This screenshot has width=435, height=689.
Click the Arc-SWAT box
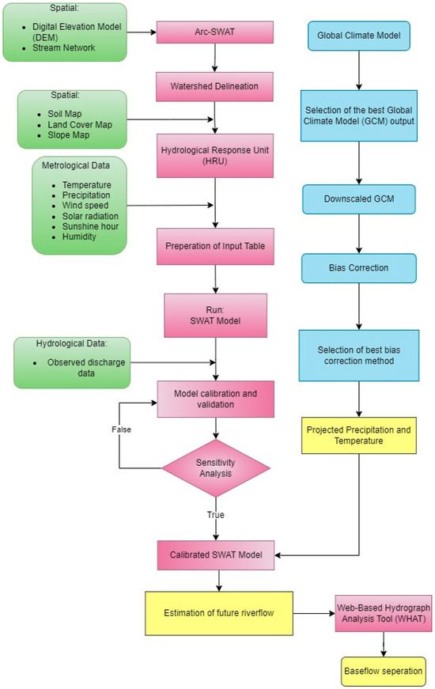click(x=214, y=32)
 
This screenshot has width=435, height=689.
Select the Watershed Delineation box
click(x=214, y=85)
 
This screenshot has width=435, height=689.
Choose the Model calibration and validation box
click(x=216, y=397)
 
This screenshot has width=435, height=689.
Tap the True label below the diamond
click(x=215, y=515)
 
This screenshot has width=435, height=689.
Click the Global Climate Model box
click(x=358, y=36)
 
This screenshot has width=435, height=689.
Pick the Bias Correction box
click(x=358, y=268)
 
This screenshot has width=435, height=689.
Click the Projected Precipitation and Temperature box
click(x=358, y=435)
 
